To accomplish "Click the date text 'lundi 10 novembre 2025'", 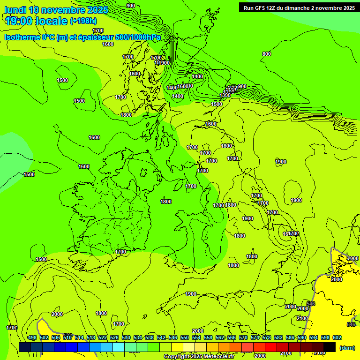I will pos(56,10).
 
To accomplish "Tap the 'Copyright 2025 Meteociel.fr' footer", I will pos(199,356).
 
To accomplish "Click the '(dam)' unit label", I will pos(347,347).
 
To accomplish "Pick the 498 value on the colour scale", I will pos(32,337).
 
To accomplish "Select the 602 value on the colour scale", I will pos(337,337).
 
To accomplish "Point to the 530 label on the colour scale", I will pos(126,337).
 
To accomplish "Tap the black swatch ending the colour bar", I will pos(329,347).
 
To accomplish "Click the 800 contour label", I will pos(267,54).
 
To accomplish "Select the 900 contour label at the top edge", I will pos(131,6).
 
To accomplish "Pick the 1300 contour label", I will pos(225,95).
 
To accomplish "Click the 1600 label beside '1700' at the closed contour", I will pos(286,233).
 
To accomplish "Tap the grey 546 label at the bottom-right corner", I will pos(351,324).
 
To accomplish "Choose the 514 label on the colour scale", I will pos(79,337).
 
